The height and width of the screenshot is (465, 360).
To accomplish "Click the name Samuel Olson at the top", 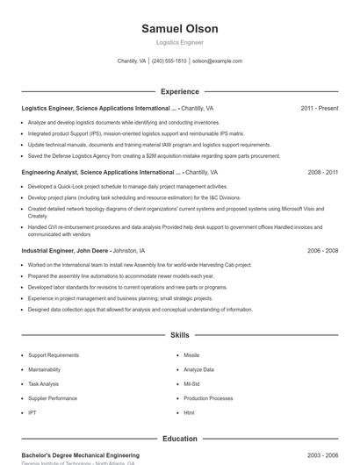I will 180,29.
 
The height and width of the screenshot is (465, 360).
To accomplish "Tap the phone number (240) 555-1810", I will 169,61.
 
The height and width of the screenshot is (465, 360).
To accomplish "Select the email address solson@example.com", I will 217,61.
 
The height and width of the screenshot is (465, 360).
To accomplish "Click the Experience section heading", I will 180,91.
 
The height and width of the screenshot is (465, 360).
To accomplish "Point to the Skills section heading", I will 180,335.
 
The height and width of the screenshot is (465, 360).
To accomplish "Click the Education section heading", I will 180,439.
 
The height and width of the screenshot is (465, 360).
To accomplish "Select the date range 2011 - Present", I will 319,109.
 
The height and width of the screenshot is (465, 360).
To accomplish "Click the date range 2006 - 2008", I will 322,250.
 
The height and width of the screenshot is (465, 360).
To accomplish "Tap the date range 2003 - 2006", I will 322,455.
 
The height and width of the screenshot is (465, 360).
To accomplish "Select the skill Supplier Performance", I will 53,398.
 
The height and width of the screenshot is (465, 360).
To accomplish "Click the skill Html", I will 189,412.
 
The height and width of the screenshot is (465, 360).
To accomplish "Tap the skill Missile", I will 191,355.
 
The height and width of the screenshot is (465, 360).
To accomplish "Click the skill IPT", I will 32,412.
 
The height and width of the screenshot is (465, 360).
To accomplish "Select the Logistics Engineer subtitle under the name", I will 180,42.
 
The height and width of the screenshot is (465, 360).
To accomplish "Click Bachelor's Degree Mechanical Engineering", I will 80,455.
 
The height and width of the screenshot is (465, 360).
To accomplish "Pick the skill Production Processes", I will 208,398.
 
